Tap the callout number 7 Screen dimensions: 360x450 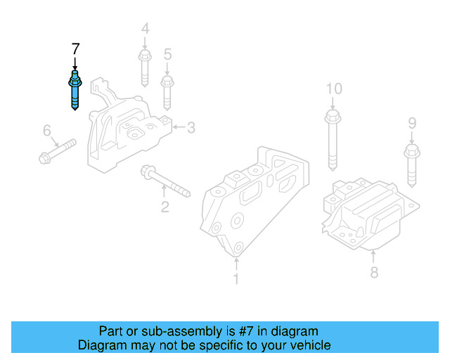[x=75, y=49]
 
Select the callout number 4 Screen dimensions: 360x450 [x=145, y=30]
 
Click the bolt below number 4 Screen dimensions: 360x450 [x=145, y=66]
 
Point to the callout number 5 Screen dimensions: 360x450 [x=167, y=54]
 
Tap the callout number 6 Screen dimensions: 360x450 [x=47, y=130]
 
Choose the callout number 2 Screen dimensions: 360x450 [x=165, y=207]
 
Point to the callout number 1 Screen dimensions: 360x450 [x=236, y=279]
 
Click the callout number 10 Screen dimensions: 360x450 [x=334, y=89]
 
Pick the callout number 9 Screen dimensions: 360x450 [x=412, y=124]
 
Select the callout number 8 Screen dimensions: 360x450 [x=374, y=271]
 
